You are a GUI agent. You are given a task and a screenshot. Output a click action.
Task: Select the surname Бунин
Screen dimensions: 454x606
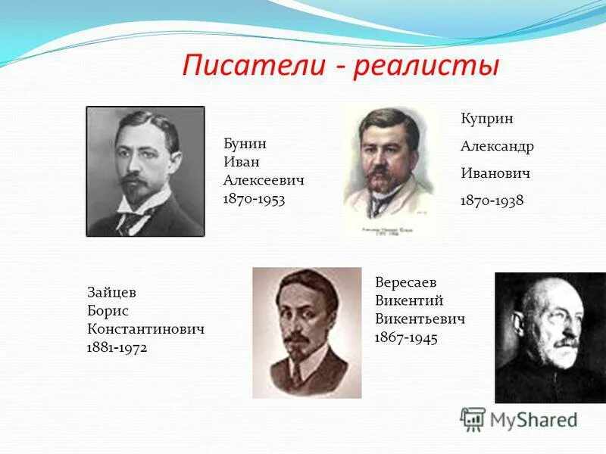click(245, 144)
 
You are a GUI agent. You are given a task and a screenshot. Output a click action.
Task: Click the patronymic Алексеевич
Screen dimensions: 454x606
click(264, 180)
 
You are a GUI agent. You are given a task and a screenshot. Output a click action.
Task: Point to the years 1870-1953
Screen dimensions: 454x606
click(254, 198)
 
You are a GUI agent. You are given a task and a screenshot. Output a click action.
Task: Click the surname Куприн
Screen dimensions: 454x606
click(487, 119)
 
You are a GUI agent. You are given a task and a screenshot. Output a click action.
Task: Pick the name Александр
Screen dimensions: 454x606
click(497, 146)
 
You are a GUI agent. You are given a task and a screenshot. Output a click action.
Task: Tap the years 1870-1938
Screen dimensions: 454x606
click(492, 201)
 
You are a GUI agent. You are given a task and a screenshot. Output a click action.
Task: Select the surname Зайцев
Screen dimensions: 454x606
click(112, 293)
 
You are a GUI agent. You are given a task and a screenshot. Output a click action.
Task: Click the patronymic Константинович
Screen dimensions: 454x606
click(146, 329)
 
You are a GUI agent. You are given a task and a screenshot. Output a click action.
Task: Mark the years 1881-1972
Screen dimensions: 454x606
click(117, 347)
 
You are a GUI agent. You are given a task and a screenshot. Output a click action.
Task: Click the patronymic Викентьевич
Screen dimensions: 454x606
click(420, 319)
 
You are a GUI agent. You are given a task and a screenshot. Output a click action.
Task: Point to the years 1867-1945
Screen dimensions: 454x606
click(406, 337)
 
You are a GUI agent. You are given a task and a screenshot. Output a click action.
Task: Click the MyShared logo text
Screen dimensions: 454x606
click(533, 419)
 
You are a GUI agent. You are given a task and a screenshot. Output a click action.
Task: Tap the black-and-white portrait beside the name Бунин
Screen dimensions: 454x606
click(145, 171)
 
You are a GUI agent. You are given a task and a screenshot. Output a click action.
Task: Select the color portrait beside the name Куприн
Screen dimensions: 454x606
click(391, 172)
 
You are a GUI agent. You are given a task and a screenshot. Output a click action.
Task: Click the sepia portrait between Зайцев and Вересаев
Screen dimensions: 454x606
click(307, 332)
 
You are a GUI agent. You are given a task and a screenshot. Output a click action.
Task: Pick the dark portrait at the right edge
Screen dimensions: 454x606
click(550, 337)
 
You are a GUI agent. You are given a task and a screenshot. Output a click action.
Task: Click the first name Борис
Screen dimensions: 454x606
click(108, 311)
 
